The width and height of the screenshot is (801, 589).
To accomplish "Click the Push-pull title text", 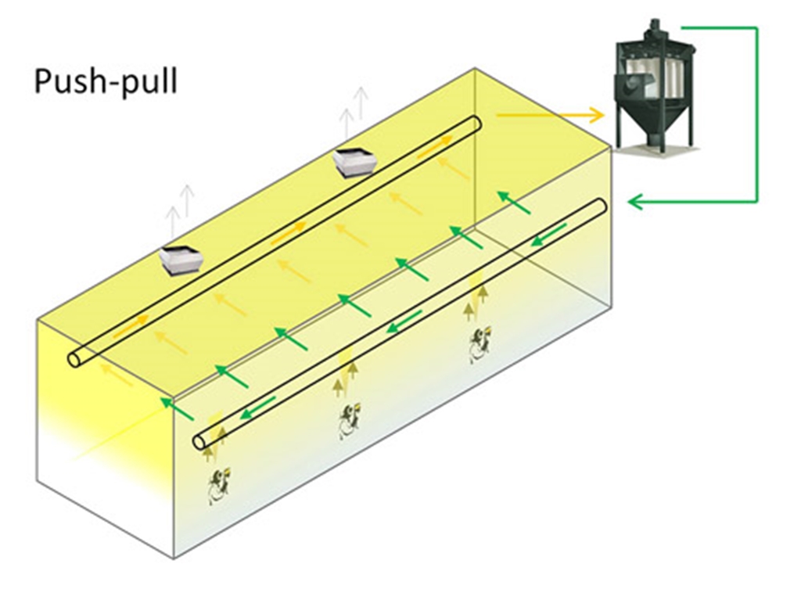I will (x=106, y=81).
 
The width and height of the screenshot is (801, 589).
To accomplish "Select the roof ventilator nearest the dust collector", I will (x=355, y=162).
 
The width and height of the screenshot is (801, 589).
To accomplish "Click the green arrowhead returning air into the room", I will (x=635, y=203).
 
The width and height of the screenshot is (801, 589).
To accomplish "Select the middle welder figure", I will (x=349, y=421).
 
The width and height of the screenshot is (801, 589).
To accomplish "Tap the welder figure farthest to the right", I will (x=479, y=345).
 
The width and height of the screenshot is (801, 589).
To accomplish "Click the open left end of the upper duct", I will (x=77, y=359).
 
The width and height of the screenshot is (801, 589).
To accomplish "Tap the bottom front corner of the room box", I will (x=173, y=558).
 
